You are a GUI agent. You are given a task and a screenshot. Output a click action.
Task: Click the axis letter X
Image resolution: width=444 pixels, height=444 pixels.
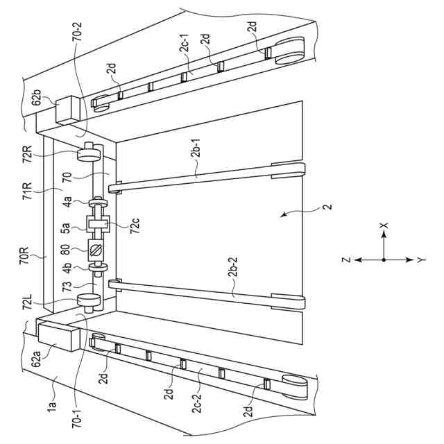click(383, 226)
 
